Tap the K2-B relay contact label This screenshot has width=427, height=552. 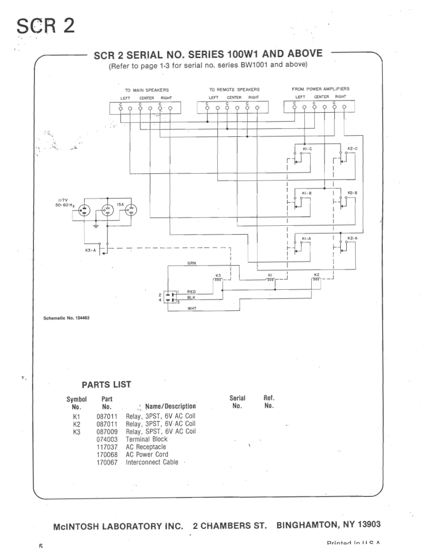coord(352,192)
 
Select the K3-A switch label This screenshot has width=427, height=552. coord(92,250)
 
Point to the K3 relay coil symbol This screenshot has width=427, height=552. coord(218,279)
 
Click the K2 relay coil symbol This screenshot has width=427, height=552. coord(316,279)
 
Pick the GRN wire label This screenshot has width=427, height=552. coord(192,264)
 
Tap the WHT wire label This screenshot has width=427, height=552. coord(192,308)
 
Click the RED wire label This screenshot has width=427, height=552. coord(192,292)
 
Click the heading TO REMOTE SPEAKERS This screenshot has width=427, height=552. coord(234,90)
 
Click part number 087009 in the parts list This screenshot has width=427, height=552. coord(107,431)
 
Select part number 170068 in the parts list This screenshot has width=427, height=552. coord(107,455)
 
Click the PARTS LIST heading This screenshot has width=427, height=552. coord(106,384)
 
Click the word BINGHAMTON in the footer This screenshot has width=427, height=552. coord(306,524)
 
